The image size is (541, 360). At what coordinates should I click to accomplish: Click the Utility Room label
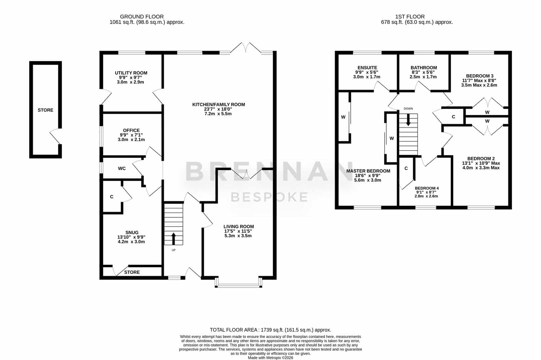coord(131,73)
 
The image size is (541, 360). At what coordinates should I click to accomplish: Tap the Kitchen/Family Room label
coord(219,105)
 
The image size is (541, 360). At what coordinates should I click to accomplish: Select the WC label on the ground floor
coord(122,169)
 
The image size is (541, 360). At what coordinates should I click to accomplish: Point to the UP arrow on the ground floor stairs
coord(173,239)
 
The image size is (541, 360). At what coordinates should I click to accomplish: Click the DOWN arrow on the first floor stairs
coord(408,120)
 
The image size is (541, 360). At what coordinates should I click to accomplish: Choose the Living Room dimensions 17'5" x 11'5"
coord(238,231)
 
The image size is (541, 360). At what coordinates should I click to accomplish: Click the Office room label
coord(131,130)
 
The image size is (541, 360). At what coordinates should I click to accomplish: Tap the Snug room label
coord(132,233)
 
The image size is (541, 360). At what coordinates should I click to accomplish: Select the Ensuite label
coord(367,68)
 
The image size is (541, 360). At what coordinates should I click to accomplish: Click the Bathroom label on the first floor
coord(424,68)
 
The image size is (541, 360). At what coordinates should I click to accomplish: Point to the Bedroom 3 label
coord(480,76)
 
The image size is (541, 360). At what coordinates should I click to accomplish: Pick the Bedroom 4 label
coord(427,188)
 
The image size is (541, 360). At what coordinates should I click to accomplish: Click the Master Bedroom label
coord(368,171)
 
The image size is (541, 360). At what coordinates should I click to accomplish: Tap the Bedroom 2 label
coord(481,159)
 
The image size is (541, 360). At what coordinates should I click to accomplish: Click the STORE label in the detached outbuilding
coord(45,110)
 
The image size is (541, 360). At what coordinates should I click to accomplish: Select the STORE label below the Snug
coord(132,272)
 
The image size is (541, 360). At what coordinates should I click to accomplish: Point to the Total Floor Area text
coord(270,330)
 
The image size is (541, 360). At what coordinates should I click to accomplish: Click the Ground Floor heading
coord(142,17)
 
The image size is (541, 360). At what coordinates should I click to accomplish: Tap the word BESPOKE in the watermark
coord(269,197)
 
